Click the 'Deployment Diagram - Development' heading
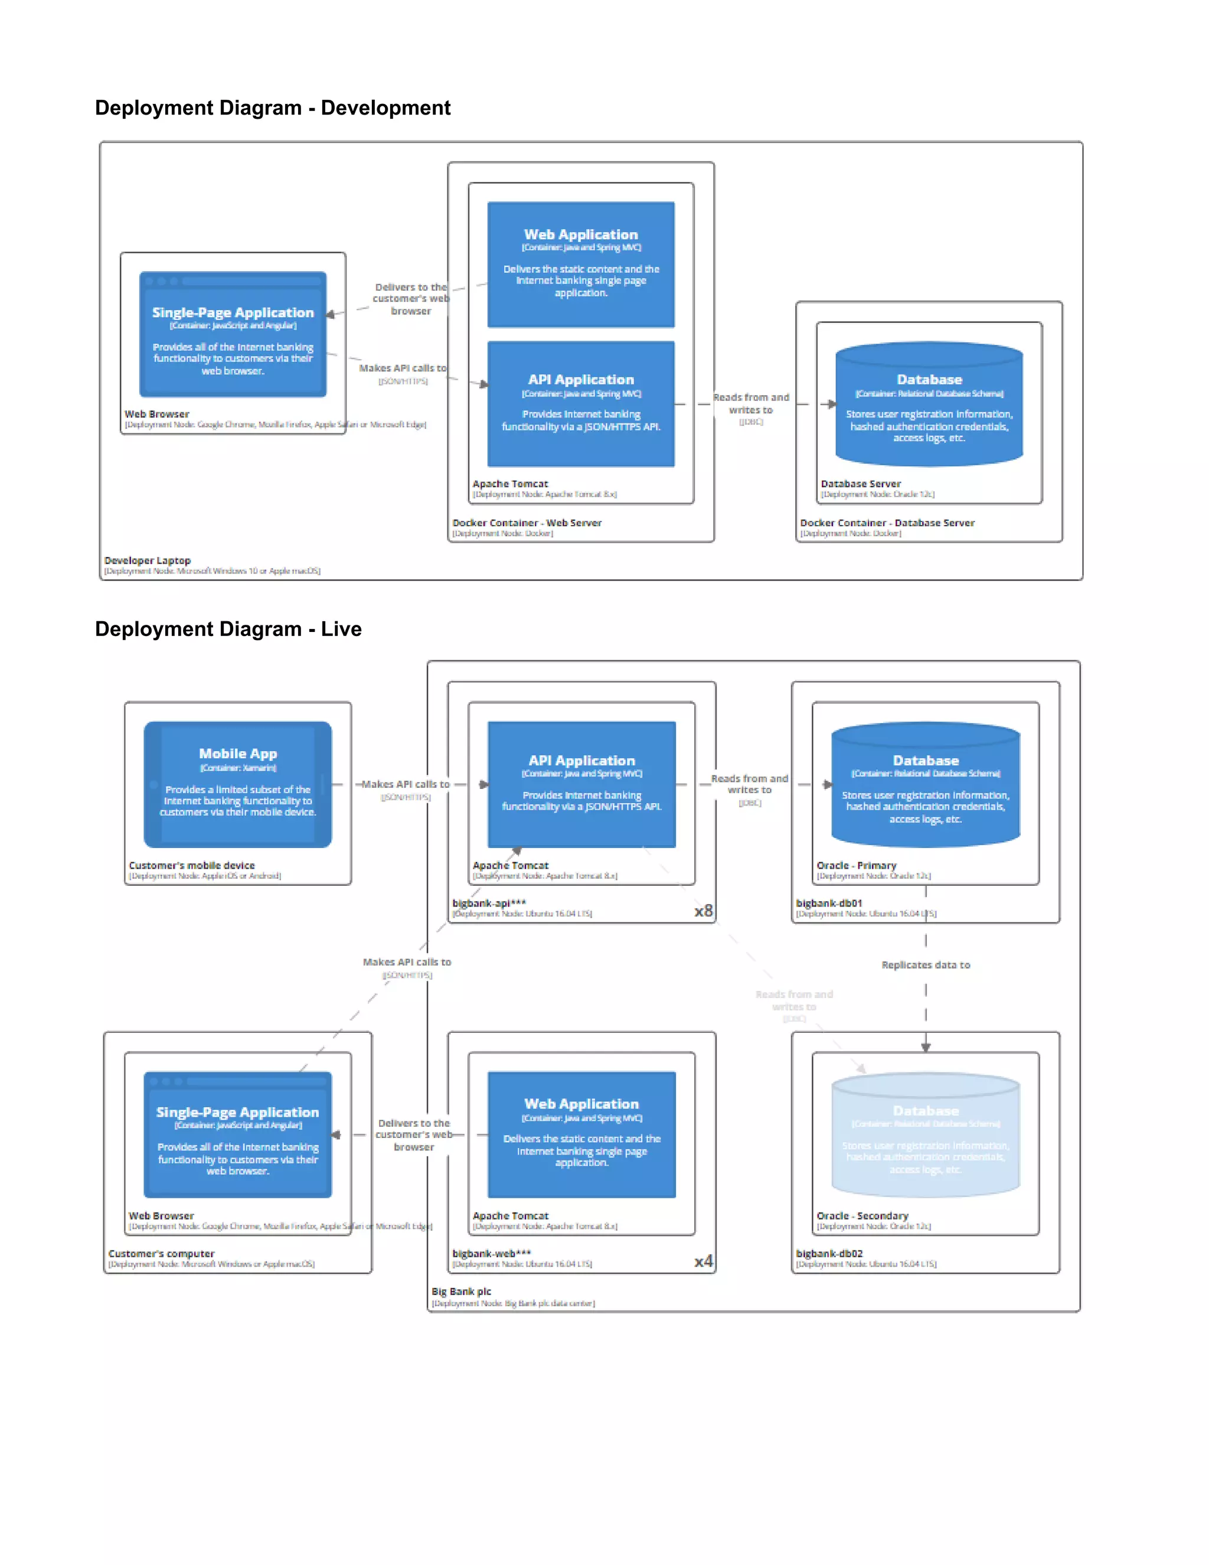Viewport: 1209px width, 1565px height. pos(272,107)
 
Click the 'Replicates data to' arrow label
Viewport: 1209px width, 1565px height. pos(926,964)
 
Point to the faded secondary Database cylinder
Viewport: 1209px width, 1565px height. pos(926,1136)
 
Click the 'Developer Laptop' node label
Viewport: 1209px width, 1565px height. pos(148,560)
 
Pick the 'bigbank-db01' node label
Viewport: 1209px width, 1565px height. pos(829,903)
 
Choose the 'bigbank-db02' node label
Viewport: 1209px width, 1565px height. pos(829,1253)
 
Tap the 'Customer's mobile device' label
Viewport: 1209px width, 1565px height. pos(191,865)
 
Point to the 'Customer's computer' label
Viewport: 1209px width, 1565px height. pos(161,1253)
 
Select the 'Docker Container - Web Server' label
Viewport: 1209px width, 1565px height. pos(527,523)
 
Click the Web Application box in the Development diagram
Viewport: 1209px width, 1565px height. pos(581,265)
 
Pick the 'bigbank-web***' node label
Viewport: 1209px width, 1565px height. pos(491,1253)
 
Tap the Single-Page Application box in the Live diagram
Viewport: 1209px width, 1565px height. pos(237,1134)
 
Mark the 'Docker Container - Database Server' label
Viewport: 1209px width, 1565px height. pos(887,523)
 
